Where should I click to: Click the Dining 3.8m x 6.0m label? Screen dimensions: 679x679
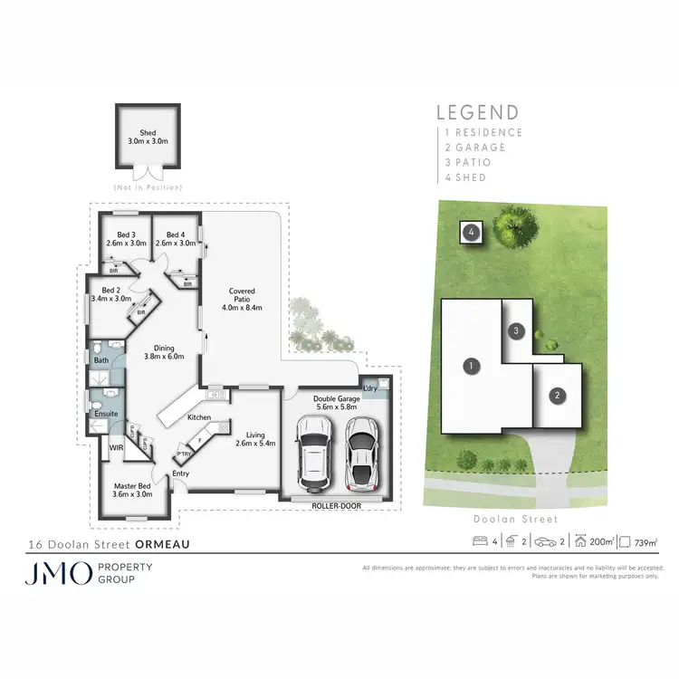pyautogui.click(x=163, y=351)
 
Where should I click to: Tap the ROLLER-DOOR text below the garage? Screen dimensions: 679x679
pyautogui.click(x=336, y=505)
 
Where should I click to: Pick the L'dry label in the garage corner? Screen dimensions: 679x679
pyautogui.click(x=370, y=388)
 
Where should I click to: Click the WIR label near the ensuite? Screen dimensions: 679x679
pyautogui.click(x=117, y=446)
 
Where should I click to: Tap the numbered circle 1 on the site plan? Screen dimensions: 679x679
pyautogui.click(x=470, y=367)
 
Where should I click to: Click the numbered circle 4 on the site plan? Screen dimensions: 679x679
pyautogui.click(x=472, y=233)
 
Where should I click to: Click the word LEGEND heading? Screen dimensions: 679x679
pyautogui.click(x=478, y=113)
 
